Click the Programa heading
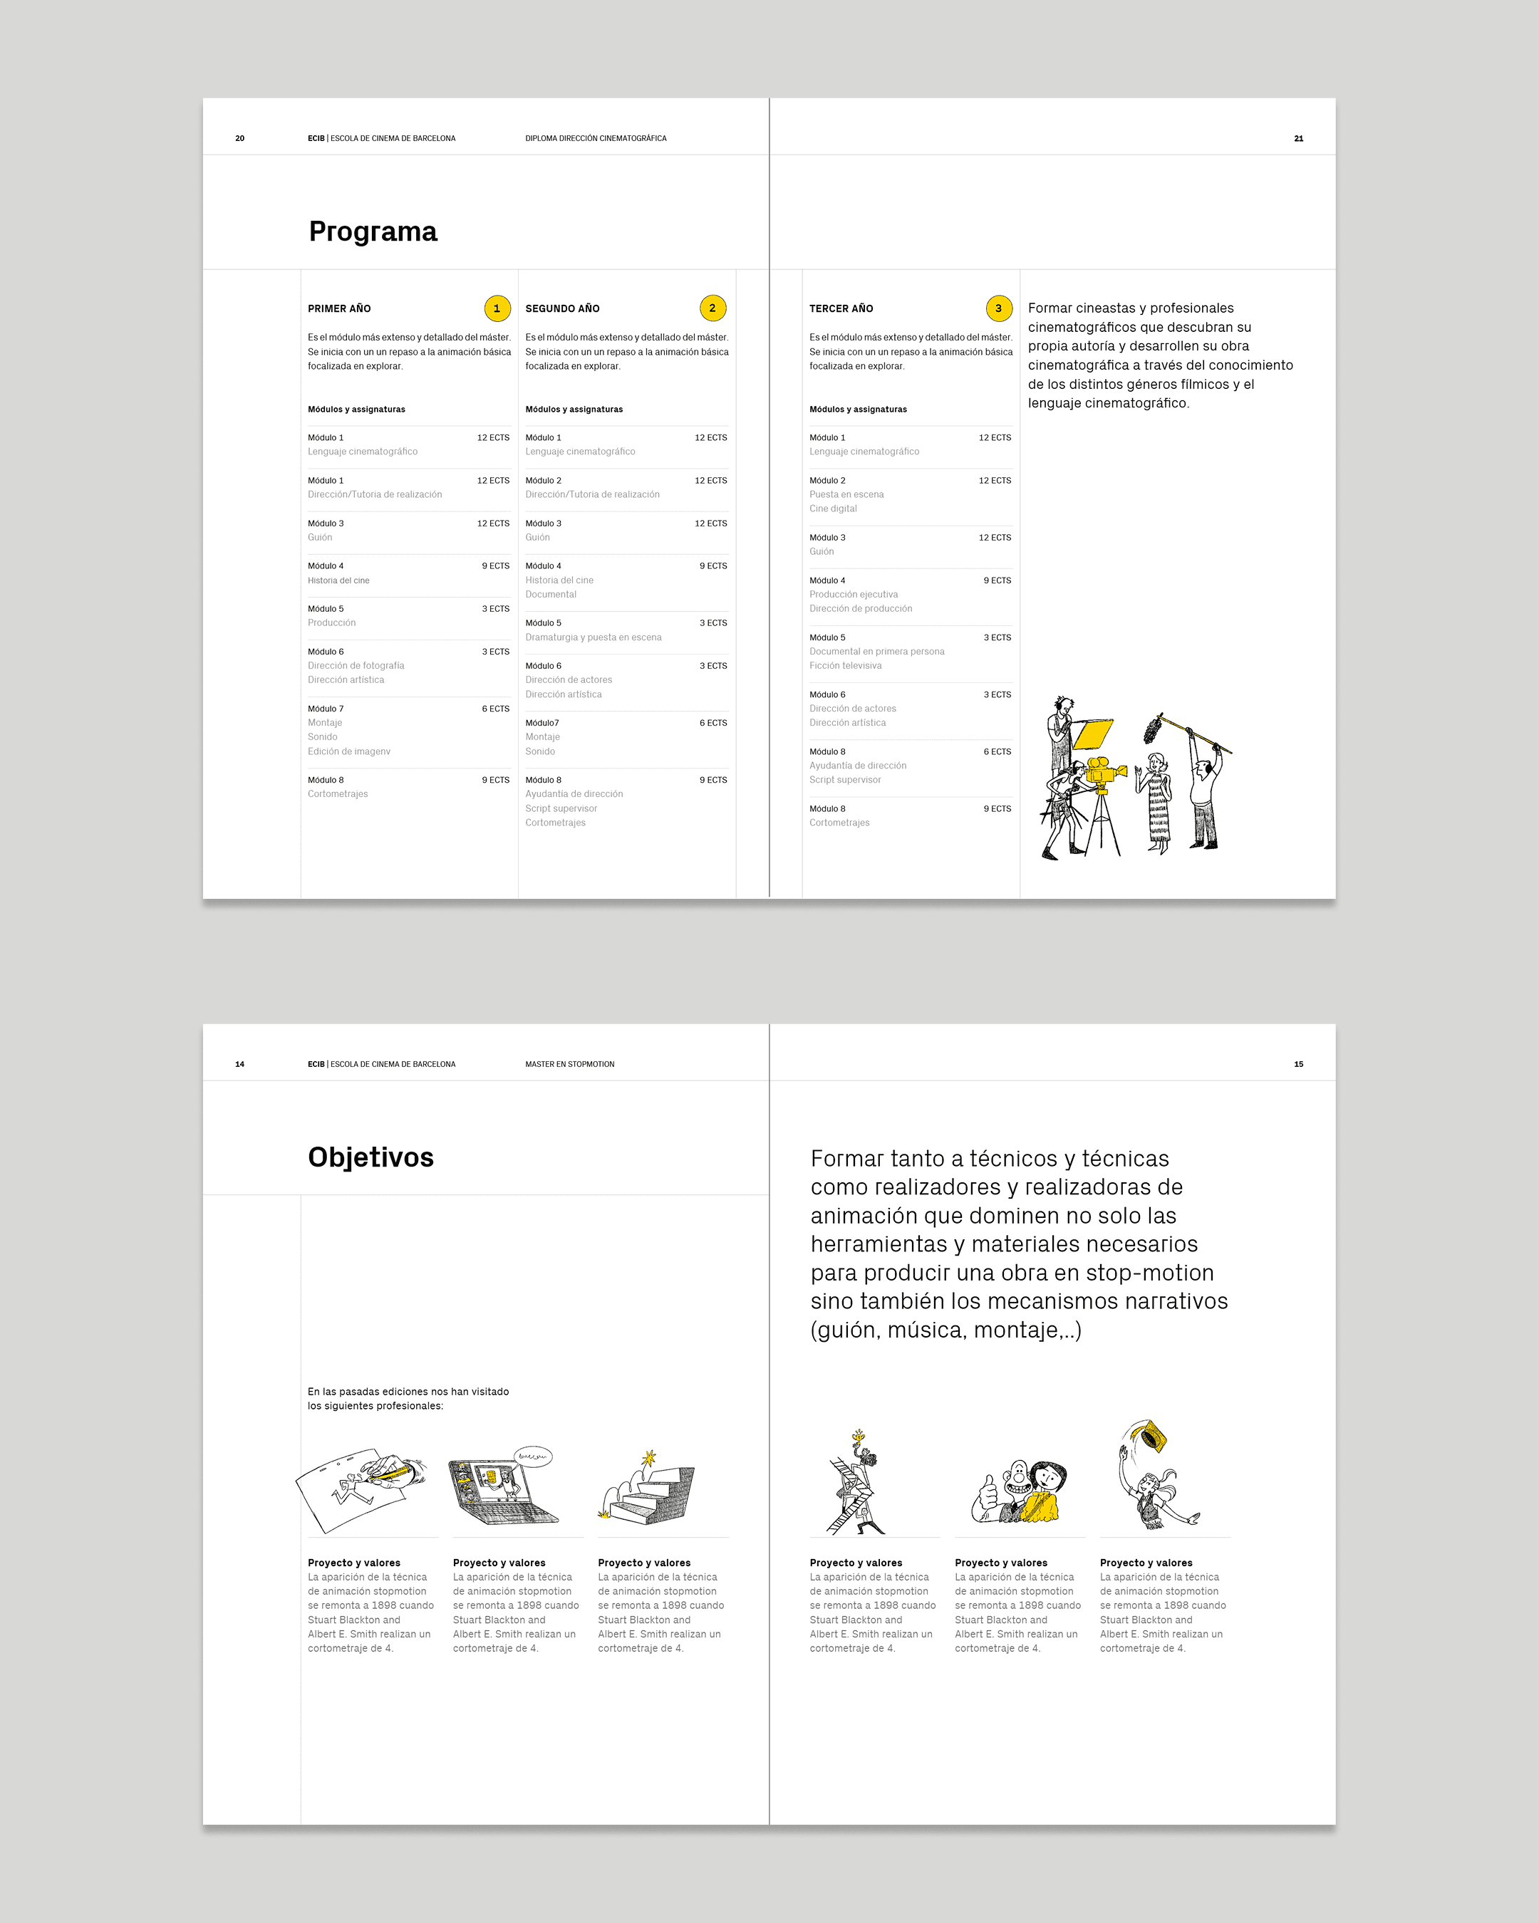pos(373,232)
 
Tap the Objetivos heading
pos(371,1158)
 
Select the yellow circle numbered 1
pos(497,308)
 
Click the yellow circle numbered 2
pos(712,308)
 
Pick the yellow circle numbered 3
pos(998,308)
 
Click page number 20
pos(240,138)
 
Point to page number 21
pos(1299,138)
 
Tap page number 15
pos(1299,1064)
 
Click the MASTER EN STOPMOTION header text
pos(570,1064)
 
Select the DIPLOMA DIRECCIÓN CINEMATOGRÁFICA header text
pos(596,138)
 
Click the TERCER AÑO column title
pos(841,308)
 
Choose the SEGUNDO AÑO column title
pos(562,308)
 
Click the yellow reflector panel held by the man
pos(1093,734)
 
